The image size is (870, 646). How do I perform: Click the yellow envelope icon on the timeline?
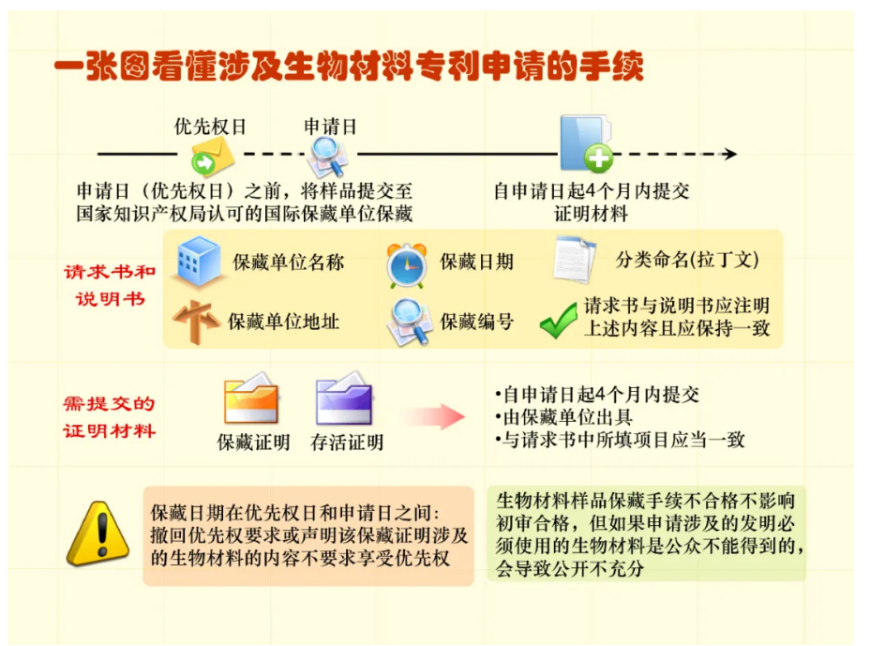click(213, 157)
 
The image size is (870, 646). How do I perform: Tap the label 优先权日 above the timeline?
click(210, 127)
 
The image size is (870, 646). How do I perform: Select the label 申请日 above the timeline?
click(330, 127)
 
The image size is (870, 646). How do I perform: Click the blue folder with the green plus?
click(586, 143)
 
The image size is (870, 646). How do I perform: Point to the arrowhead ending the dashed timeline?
click(730, 154)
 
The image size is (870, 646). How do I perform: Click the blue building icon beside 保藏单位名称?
click(198, 262)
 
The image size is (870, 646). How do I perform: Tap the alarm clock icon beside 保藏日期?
click(407, 266)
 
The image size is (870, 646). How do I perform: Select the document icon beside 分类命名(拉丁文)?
click(575, 259)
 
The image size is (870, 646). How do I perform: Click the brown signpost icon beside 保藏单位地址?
click(195, 322)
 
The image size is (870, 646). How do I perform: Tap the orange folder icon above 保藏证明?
click(251, 398)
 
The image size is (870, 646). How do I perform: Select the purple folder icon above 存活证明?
click(344, 398)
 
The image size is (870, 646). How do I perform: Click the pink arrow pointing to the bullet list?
click(436, 416)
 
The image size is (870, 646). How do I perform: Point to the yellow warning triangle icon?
click(98, 533)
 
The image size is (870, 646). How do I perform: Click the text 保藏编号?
click(476, 322)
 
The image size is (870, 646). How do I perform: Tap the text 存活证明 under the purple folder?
click(347, 443)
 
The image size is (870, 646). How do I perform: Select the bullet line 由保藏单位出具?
click(563, 417)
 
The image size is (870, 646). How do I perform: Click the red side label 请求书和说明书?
click(110, 285)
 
